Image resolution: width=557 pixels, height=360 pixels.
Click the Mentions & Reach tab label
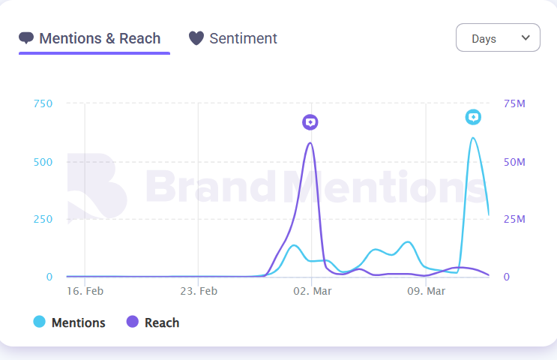tap(100, 38)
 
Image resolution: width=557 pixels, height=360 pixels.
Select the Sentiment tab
tap(243, 38)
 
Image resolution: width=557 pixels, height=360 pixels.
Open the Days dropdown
tap(497, 38)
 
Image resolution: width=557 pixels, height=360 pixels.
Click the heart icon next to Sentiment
tap(196, 38)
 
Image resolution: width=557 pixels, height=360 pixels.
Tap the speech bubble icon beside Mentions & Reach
tap(27, 38)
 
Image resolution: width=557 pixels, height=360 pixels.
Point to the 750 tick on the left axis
tap(43, 103)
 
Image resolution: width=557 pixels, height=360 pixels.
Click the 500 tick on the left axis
tap(43, 162)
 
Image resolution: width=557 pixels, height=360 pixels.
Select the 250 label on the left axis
tap(43, 219)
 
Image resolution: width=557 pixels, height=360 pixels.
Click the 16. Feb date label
tap(85, 291)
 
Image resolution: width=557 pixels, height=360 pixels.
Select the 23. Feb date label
tap(199, 291)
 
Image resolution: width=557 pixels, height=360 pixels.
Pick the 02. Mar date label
tap(312, 291)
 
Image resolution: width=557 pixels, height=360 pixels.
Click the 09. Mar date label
tap(426, 291)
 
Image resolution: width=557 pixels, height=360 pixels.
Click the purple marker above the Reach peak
tap(310, 122)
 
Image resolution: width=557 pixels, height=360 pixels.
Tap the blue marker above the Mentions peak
tap(473, 117)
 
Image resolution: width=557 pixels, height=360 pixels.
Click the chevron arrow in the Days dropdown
tap(526, 37)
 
